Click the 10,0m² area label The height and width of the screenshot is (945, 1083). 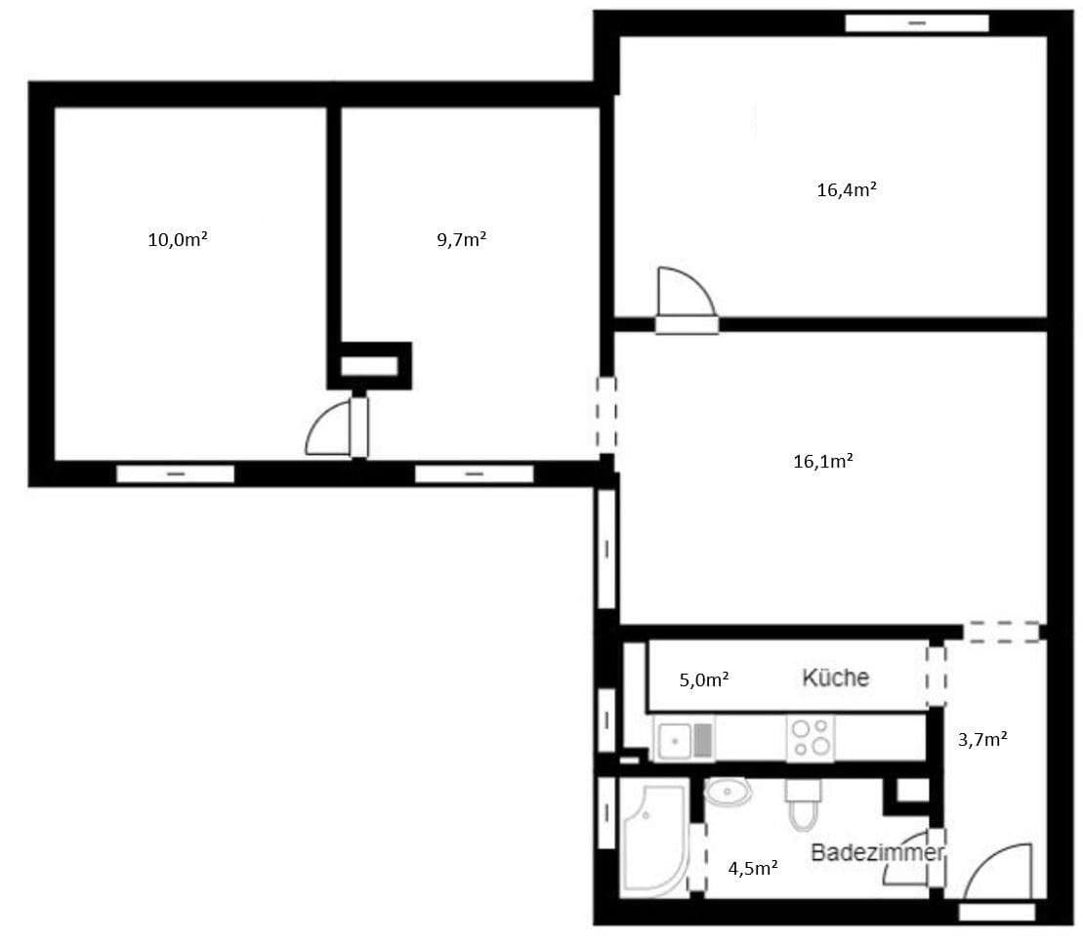click(177, 238)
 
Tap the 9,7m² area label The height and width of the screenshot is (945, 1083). click(461, 238)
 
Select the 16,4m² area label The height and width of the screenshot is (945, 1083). click(846, 189)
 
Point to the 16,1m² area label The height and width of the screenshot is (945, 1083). click(823, 461)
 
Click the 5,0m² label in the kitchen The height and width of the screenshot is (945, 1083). click(704, 678)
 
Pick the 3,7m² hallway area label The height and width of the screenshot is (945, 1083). click(982, 739)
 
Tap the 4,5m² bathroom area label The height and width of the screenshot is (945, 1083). click(753, 866)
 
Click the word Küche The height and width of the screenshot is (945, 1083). click(835, 678)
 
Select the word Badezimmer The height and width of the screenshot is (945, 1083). click(877, 852)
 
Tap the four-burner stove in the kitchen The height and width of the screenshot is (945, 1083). click(812, 739)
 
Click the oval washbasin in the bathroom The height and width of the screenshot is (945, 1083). click(727, 792)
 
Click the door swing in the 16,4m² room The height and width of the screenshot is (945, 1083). click(685, 294)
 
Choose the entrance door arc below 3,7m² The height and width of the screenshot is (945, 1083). click(999, 872)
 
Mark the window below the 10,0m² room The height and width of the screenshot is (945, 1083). click(176, 474)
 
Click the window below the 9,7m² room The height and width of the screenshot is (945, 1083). click(474, 474)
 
